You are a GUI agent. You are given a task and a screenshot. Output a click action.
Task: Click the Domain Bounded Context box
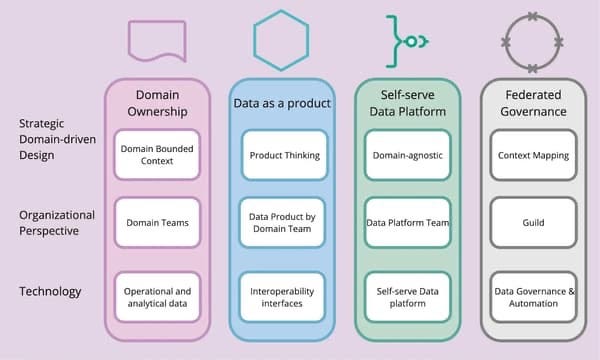[157, 155]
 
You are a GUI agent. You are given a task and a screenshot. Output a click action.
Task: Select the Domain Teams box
[157, 222]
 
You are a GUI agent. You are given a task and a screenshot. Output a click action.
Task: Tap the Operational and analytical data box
[157, 297]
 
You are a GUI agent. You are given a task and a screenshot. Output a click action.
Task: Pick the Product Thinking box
[284, 155]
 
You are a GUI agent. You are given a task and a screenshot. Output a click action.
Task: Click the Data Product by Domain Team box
[284, 222]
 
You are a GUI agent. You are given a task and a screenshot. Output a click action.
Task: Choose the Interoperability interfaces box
[284, 297]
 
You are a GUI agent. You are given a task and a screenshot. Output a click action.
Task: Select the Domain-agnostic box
[407, 155]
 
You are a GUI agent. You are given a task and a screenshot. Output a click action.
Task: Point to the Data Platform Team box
[407, 222]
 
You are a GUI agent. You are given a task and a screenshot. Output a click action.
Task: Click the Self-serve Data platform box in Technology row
[407, 297]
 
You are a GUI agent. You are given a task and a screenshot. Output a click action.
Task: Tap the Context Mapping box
[533, 155]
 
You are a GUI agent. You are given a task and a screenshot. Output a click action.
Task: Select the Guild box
[533, 222]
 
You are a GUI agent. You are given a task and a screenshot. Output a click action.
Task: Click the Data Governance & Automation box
[533, 297]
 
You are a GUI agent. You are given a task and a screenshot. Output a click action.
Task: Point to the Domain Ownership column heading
[157, 103]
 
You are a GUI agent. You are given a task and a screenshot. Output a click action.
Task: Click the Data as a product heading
[284, 104]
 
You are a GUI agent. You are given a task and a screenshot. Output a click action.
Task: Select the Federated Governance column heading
[533, 103]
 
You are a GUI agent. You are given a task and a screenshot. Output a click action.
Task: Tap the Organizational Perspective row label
[57, 222]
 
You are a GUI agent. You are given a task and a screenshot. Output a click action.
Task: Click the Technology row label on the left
[49, 291]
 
